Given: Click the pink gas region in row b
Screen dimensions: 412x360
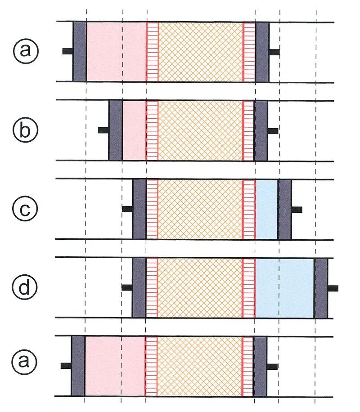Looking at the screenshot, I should pyautogui.click(x=134, y=130).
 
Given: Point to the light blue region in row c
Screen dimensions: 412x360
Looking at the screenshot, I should pyautogui.click(x=266, y=209).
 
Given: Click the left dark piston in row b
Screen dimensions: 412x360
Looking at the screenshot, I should pyautogui.click(x=116, y=130).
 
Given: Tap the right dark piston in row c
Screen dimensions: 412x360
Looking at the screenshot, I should pyautogui.click(x=285, y=209).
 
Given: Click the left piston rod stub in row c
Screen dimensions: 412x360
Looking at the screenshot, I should pyautogui.click(x=127, y=209).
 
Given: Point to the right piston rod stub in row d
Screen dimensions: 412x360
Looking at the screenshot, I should pyautogui.click(x=333, y=288).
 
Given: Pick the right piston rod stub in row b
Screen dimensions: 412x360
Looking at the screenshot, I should pyautogui.click(x=273, y=131).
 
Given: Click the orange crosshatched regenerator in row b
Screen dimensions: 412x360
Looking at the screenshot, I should pyautogui.click(x=200, y=130).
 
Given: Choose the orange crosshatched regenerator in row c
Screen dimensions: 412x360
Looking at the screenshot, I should pyautogui.click(x=200, y=209).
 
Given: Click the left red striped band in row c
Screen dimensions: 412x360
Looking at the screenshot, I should pyautogui.click(x=152, y=209).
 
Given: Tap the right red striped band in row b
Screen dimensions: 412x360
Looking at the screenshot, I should pyautogui.click(x=248, y=130).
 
